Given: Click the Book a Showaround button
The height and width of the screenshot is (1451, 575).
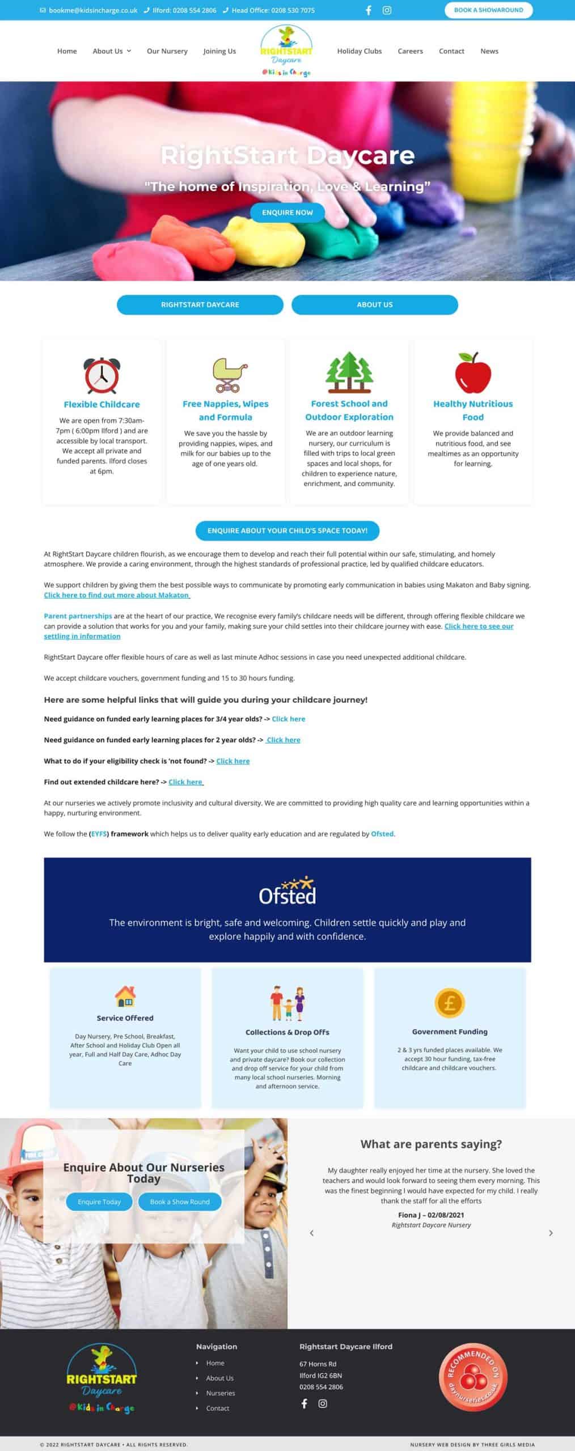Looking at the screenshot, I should [488, 10].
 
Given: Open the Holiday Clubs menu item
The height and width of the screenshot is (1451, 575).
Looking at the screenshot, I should [359, 51].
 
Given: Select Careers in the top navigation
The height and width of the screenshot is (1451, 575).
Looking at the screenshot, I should [410, 51].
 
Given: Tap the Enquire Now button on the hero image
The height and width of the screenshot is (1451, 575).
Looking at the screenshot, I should [287, 213].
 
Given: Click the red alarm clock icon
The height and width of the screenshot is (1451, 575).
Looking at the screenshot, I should [102, 375].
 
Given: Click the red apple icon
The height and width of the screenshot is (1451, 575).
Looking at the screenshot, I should [473, 373].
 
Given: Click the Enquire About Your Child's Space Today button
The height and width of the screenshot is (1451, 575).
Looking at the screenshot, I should [287, 531].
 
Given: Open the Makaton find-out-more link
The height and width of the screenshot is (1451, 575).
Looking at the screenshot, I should [117, 595].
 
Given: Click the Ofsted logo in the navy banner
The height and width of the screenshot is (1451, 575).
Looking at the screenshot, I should [287, 892].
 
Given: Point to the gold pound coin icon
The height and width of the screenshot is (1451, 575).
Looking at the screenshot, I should [450, 1003].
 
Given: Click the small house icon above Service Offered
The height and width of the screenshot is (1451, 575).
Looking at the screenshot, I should [125, 996].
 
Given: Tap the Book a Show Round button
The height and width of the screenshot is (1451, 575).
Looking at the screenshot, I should [180, 1202].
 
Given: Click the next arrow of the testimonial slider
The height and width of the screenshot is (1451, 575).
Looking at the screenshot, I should [551, 1233].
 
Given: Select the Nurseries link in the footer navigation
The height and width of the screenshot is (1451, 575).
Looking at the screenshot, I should [221, 1393].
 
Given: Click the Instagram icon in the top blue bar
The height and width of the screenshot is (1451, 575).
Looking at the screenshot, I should [387, 10].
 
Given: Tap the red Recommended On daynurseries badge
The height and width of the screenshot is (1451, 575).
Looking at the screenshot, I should [473, 1377].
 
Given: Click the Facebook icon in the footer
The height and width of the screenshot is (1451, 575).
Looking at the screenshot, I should [305, 1403].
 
